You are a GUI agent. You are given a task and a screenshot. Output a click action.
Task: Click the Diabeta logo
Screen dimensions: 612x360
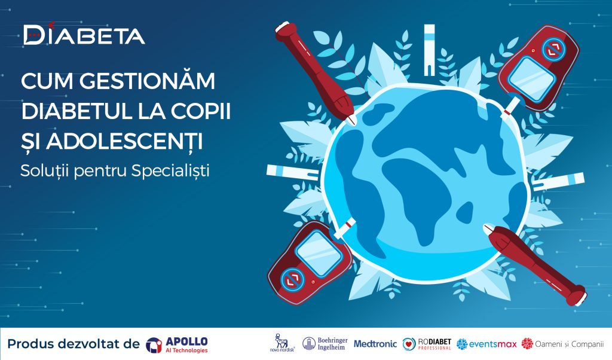coord(84,34)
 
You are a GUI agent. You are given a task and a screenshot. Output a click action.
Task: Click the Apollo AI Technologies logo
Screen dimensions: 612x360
coord(177,345)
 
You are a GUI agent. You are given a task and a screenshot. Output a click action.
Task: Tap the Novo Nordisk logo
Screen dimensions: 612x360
coord(282,343)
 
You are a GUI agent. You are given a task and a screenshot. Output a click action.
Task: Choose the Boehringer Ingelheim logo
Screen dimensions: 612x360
coord(325,344)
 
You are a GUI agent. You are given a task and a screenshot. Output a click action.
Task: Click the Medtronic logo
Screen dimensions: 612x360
coord(375,344)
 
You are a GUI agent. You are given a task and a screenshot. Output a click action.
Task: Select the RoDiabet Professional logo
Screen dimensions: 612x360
coord(427,344)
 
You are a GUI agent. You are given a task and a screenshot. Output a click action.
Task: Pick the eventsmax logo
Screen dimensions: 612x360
coord(486,344)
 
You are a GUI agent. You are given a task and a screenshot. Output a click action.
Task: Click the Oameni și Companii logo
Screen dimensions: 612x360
coord(562,344)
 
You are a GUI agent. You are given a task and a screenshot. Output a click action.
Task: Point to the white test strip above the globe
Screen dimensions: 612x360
coord(429,50)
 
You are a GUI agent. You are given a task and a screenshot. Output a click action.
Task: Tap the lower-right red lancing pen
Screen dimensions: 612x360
coord(535,265)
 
